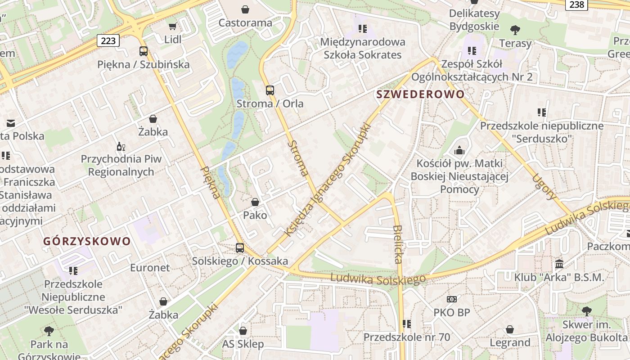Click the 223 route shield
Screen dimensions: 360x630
(108, 41)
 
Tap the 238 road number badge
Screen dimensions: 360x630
(576, 4)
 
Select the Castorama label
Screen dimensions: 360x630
(245, 22)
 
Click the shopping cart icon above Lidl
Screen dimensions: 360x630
(172, 26)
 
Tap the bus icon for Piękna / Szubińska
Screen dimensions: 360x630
(144, 51)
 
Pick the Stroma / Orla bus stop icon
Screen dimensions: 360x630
(270, 90)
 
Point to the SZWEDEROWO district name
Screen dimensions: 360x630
(420, 94)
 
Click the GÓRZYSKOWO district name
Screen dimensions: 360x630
(87, 241)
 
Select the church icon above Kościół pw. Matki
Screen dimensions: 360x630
(459, 150)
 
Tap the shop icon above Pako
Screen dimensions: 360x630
(255, 202)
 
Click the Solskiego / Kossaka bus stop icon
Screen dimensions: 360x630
(240, 248)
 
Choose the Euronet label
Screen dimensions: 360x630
(150, 268)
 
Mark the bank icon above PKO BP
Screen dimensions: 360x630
(451, 299)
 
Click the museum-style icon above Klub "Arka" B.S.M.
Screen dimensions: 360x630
(559, 264)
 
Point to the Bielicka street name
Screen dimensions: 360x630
(397, 244)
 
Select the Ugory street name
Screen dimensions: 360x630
(545, 187)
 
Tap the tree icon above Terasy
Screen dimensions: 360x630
(515, 30)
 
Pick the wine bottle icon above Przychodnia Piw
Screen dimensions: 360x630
(121, 146)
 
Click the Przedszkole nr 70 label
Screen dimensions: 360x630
(407, 337)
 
